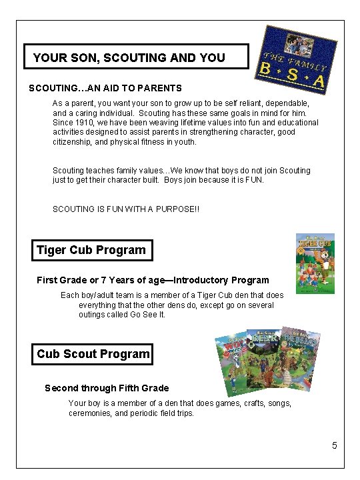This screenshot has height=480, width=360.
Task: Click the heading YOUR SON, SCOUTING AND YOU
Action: tap(129, 58)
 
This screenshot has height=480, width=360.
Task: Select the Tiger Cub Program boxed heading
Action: tap(91, 250)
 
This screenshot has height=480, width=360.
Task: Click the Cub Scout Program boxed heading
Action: tap(93, 354)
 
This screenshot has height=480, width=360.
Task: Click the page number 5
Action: tap(335, 445)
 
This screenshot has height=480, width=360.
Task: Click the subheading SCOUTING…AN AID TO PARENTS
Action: tap(105, 88)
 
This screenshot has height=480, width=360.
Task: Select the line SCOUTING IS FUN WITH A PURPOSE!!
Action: tap(126, 209)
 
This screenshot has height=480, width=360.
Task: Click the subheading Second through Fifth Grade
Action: tap(107, 388)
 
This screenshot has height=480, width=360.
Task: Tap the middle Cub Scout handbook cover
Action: tap(265, 360)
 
